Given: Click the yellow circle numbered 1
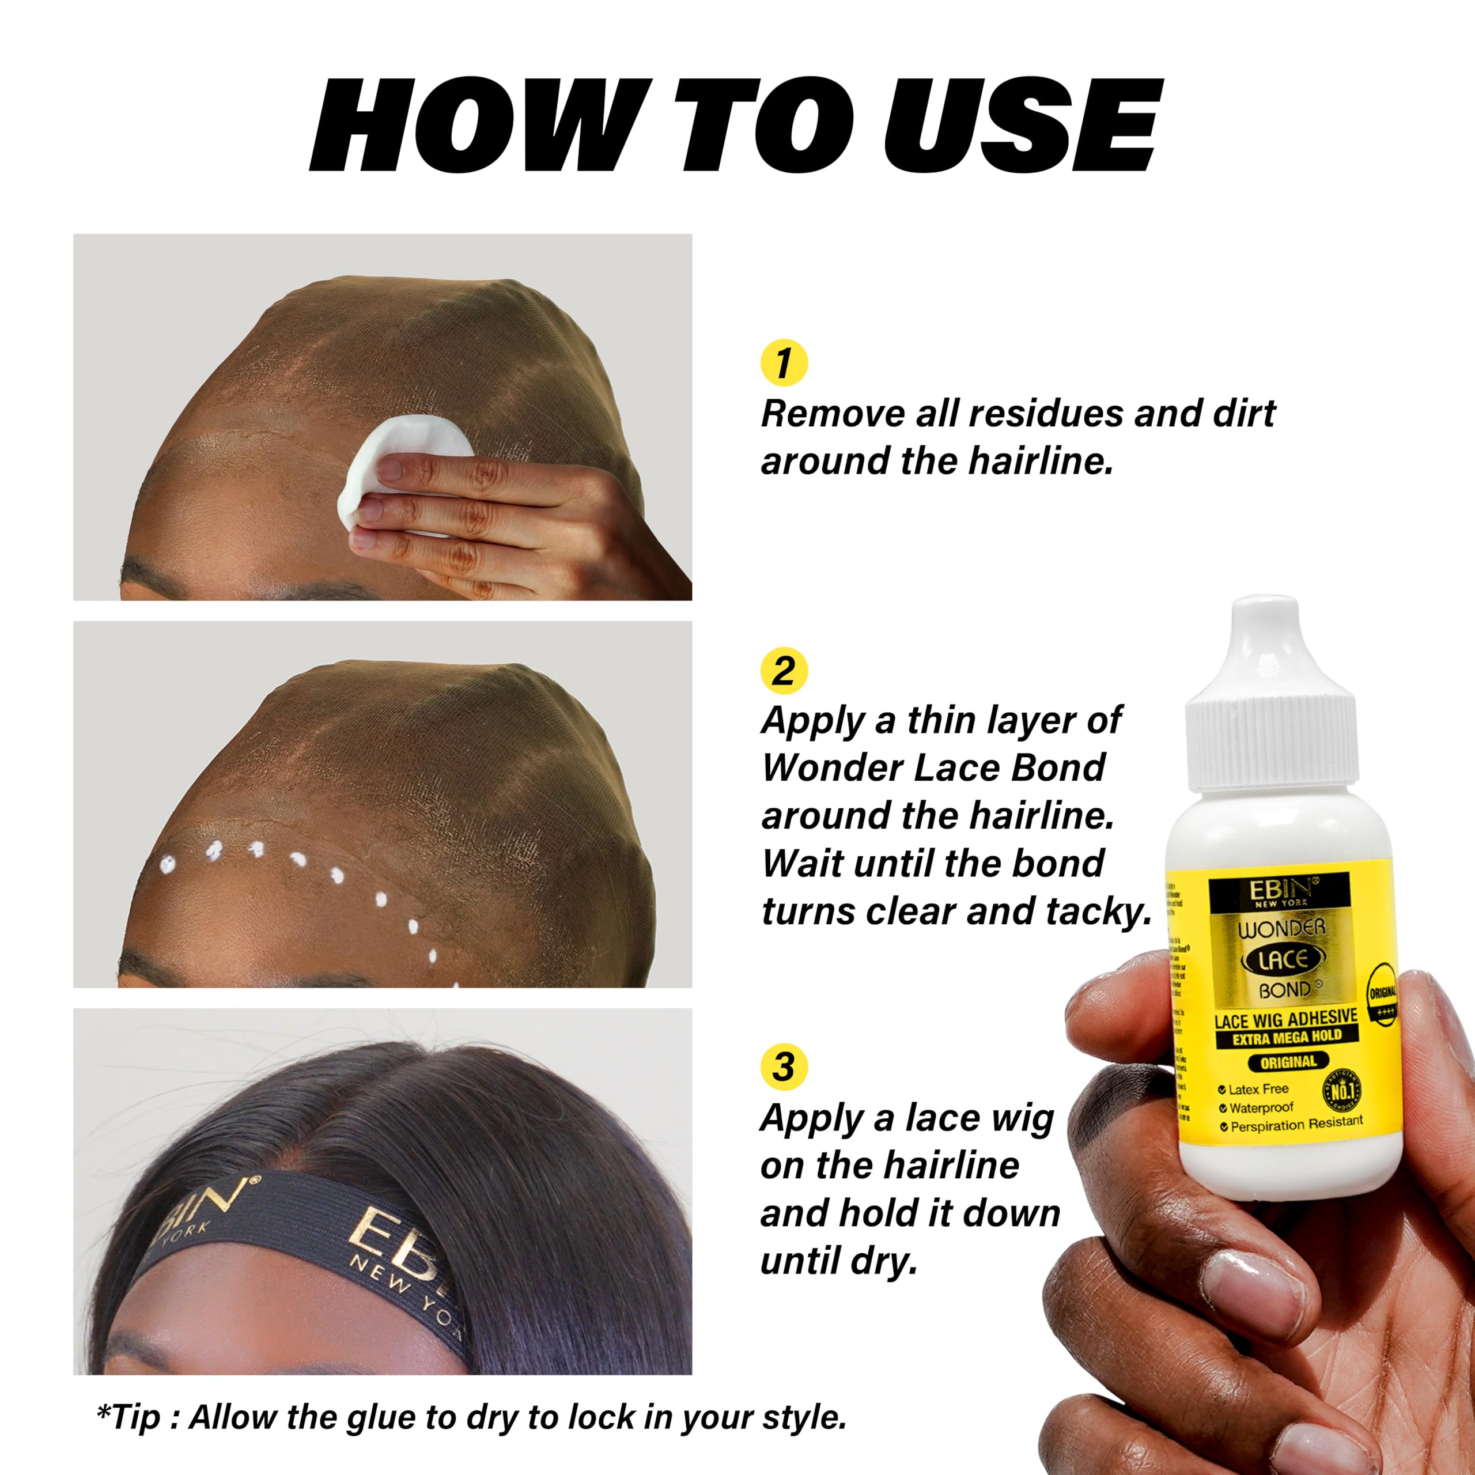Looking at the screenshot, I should (x=784, y=362).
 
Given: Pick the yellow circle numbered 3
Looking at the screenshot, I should (x=784, y=1066).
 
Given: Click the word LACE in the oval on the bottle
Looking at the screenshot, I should (x=1283, y=960).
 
